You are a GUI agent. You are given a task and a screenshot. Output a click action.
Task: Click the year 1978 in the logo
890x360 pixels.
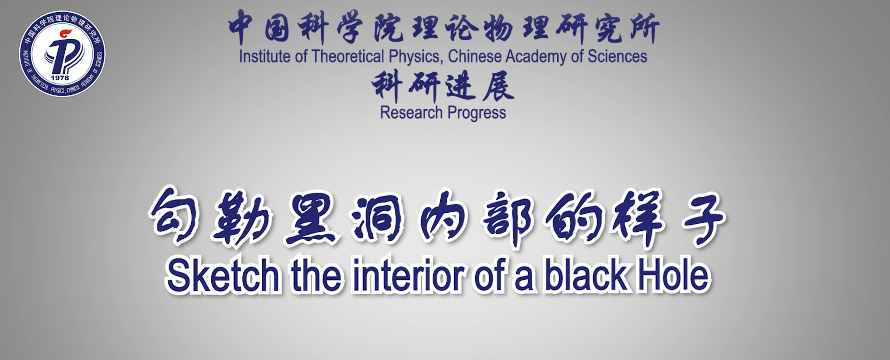pyautogui.click(x=60, y=78)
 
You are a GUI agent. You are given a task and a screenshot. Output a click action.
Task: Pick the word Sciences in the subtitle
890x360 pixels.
pyautogui.click(x=617, y=57)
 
